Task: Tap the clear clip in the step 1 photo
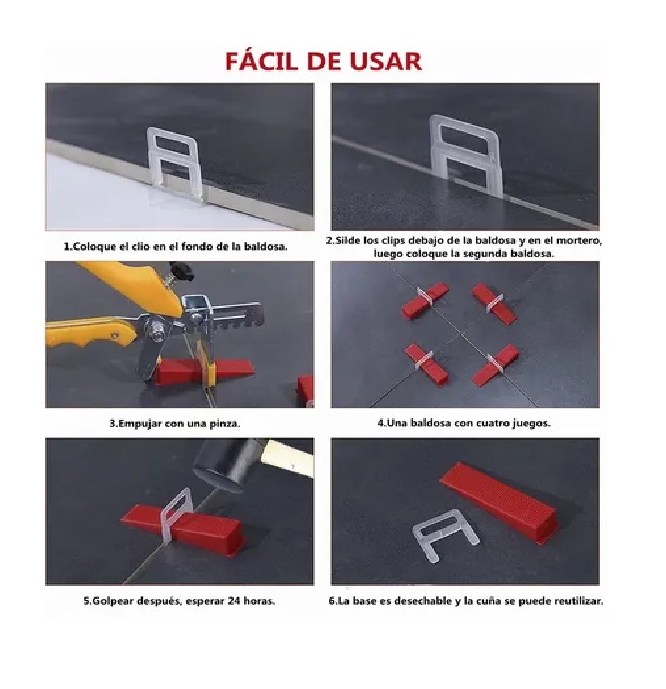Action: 174,164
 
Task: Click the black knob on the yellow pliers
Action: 181,271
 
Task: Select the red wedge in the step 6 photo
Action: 498,502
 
